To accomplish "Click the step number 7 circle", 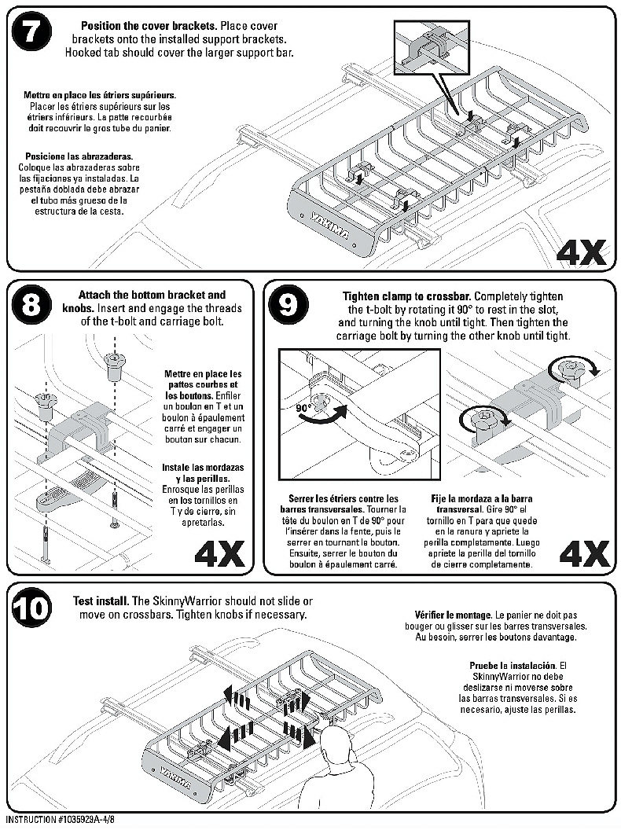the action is click(x=31, y=31).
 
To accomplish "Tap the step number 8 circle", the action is click(x=31, y=305).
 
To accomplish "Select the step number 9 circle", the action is click(x=288, y=306).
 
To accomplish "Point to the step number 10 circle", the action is click(x=31, y=609).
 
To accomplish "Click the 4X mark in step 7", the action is click(x=581, y=252).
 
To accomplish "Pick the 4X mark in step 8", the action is click(x=219, y=554).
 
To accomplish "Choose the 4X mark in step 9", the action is click(x=585, y=554).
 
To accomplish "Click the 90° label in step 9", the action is click(x=303, y=408).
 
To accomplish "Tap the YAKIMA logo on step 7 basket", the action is click(x=329, y=225).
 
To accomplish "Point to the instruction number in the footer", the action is click(x=60, y=820).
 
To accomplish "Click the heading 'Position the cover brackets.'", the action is click(x=149, y=25).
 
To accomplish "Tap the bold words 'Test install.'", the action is click(x=101, y=601).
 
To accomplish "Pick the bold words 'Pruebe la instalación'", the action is click(x=513, y=666).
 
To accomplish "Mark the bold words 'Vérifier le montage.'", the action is click(x=454, y=615).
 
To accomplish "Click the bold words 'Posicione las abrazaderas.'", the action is click(x=79, y=156).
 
